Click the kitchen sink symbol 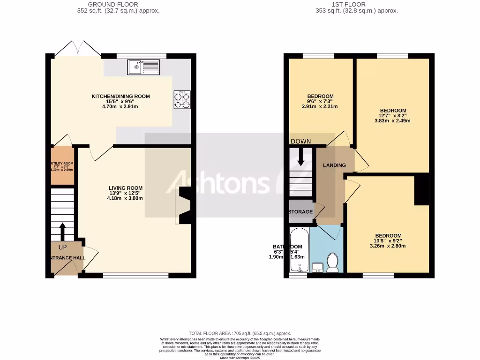(143, 67)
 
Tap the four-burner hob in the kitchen (182, 99)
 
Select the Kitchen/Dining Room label (120, 97)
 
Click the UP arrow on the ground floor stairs (62, 232)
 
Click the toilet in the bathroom (332, 262)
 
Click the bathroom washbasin (317, 268)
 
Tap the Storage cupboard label (300, 212)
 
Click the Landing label (335, 165)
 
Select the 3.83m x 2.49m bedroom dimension (393, 120)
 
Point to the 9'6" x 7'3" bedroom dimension (321, 101)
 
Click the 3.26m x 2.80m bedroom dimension (388, 246)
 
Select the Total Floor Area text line (240, 333)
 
